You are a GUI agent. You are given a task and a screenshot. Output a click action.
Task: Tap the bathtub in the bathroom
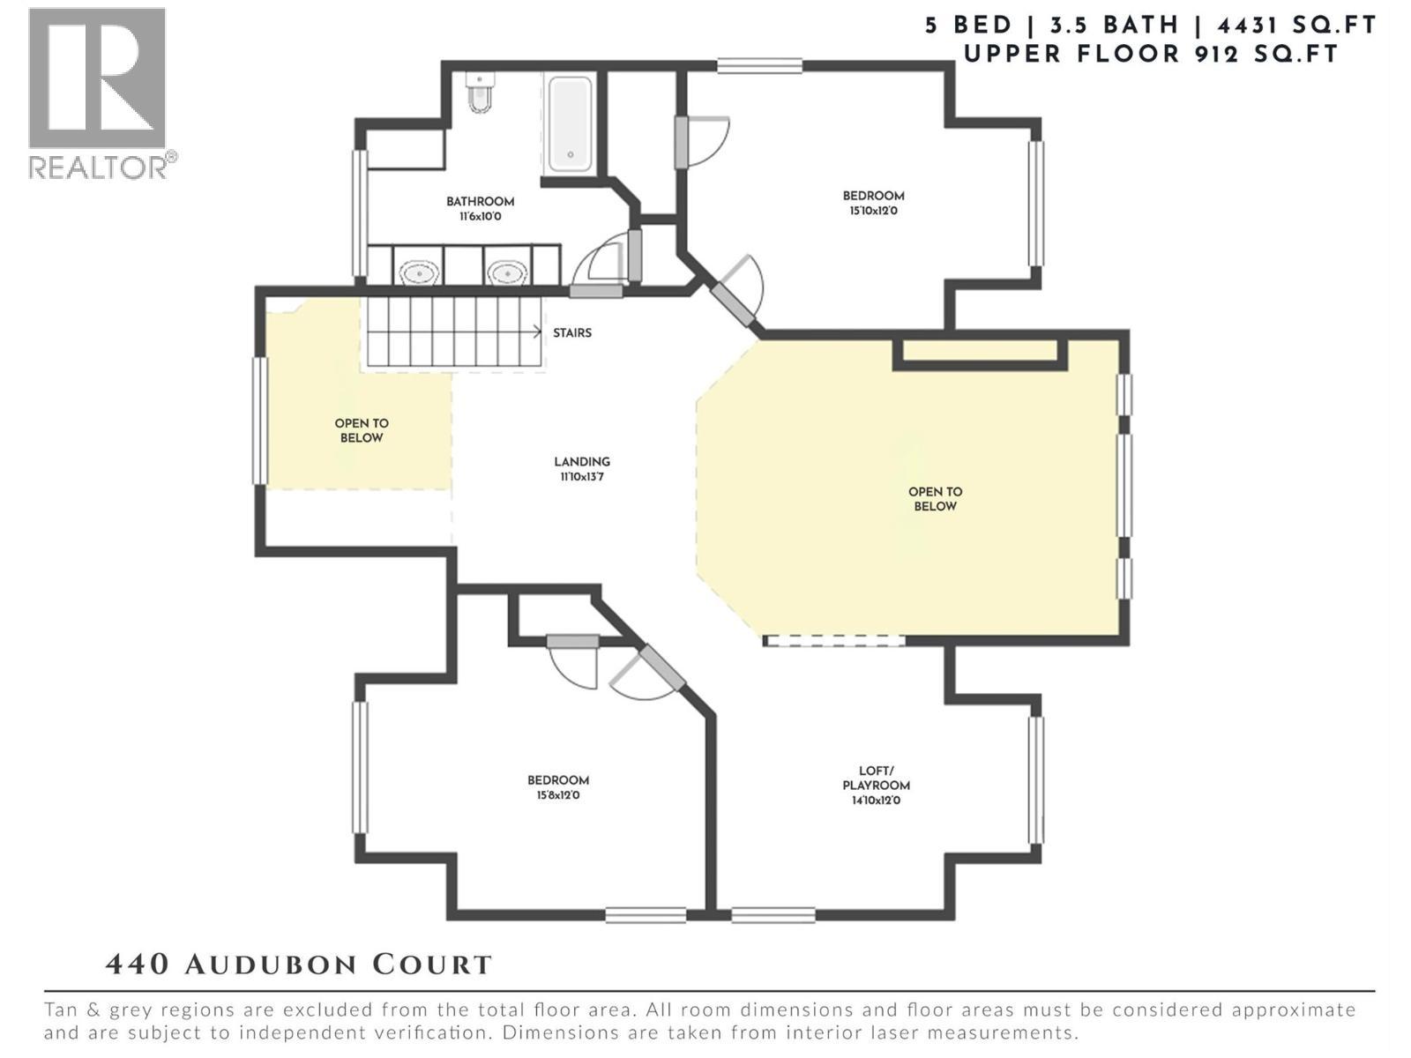(570, 124)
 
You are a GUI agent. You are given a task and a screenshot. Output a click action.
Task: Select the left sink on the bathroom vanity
(419, 273)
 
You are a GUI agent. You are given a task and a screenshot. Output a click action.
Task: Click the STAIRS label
(572, 333)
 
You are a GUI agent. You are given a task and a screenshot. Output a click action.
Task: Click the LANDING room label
(582, 462)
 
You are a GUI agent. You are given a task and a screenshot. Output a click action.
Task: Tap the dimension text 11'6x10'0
(480, 217)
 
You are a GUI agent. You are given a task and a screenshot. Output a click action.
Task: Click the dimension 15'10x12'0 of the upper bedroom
(873, 212)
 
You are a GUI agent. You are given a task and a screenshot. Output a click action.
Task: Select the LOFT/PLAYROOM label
(876, 778)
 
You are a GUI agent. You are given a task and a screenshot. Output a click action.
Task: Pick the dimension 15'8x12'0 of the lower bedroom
(558, 795)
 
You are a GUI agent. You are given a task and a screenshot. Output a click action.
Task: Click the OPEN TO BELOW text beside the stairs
(362, 430)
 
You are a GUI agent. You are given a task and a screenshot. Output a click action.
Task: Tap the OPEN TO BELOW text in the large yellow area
(935, 499)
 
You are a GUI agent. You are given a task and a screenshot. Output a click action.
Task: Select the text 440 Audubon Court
(298, 965)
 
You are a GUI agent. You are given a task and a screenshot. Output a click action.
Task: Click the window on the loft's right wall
(1036, 780)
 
